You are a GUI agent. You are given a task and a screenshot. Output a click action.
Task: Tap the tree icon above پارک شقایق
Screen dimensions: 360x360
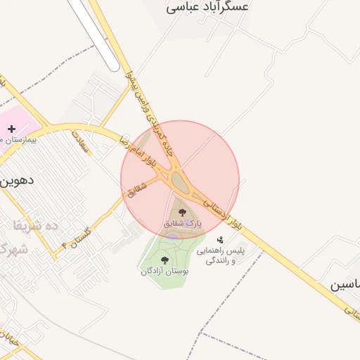(182, 212)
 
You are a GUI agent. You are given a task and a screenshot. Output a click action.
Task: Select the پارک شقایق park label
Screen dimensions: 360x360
(182, 223)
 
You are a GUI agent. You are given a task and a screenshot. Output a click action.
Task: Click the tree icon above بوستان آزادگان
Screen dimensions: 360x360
(165, 260)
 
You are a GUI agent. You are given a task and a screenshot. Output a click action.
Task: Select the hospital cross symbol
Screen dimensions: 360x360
(11, 129)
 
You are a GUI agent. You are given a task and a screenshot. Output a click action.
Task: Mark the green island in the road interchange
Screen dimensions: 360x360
(180, 184)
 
